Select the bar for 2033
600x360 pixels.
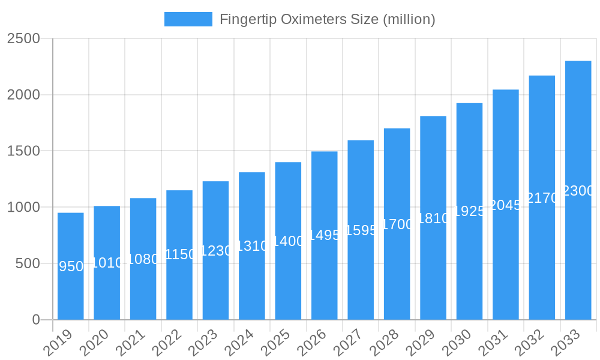pos(578,252)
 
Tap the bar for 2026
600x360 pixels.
pos(324,276)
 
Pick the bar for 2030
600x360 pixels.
pos(469,264)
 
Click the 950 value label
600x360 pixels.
pos(71,266)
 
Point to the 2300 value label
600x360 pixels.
pos(578,191)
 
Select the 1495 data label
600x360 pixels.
pos(325,235)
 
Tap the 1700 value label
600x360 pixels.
pos(397,224)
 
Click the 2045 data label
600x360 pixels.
pos(506,205)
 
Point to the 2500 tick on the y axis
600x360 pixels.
pos(23,39)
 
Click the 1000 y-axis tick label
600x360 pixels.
pos(23,208)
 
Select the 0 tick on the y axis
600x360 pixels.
pos(35,320)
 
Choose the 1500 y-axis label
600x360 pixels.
pos(23,151)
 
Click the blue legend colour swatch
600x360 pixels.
pos(188,19)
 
